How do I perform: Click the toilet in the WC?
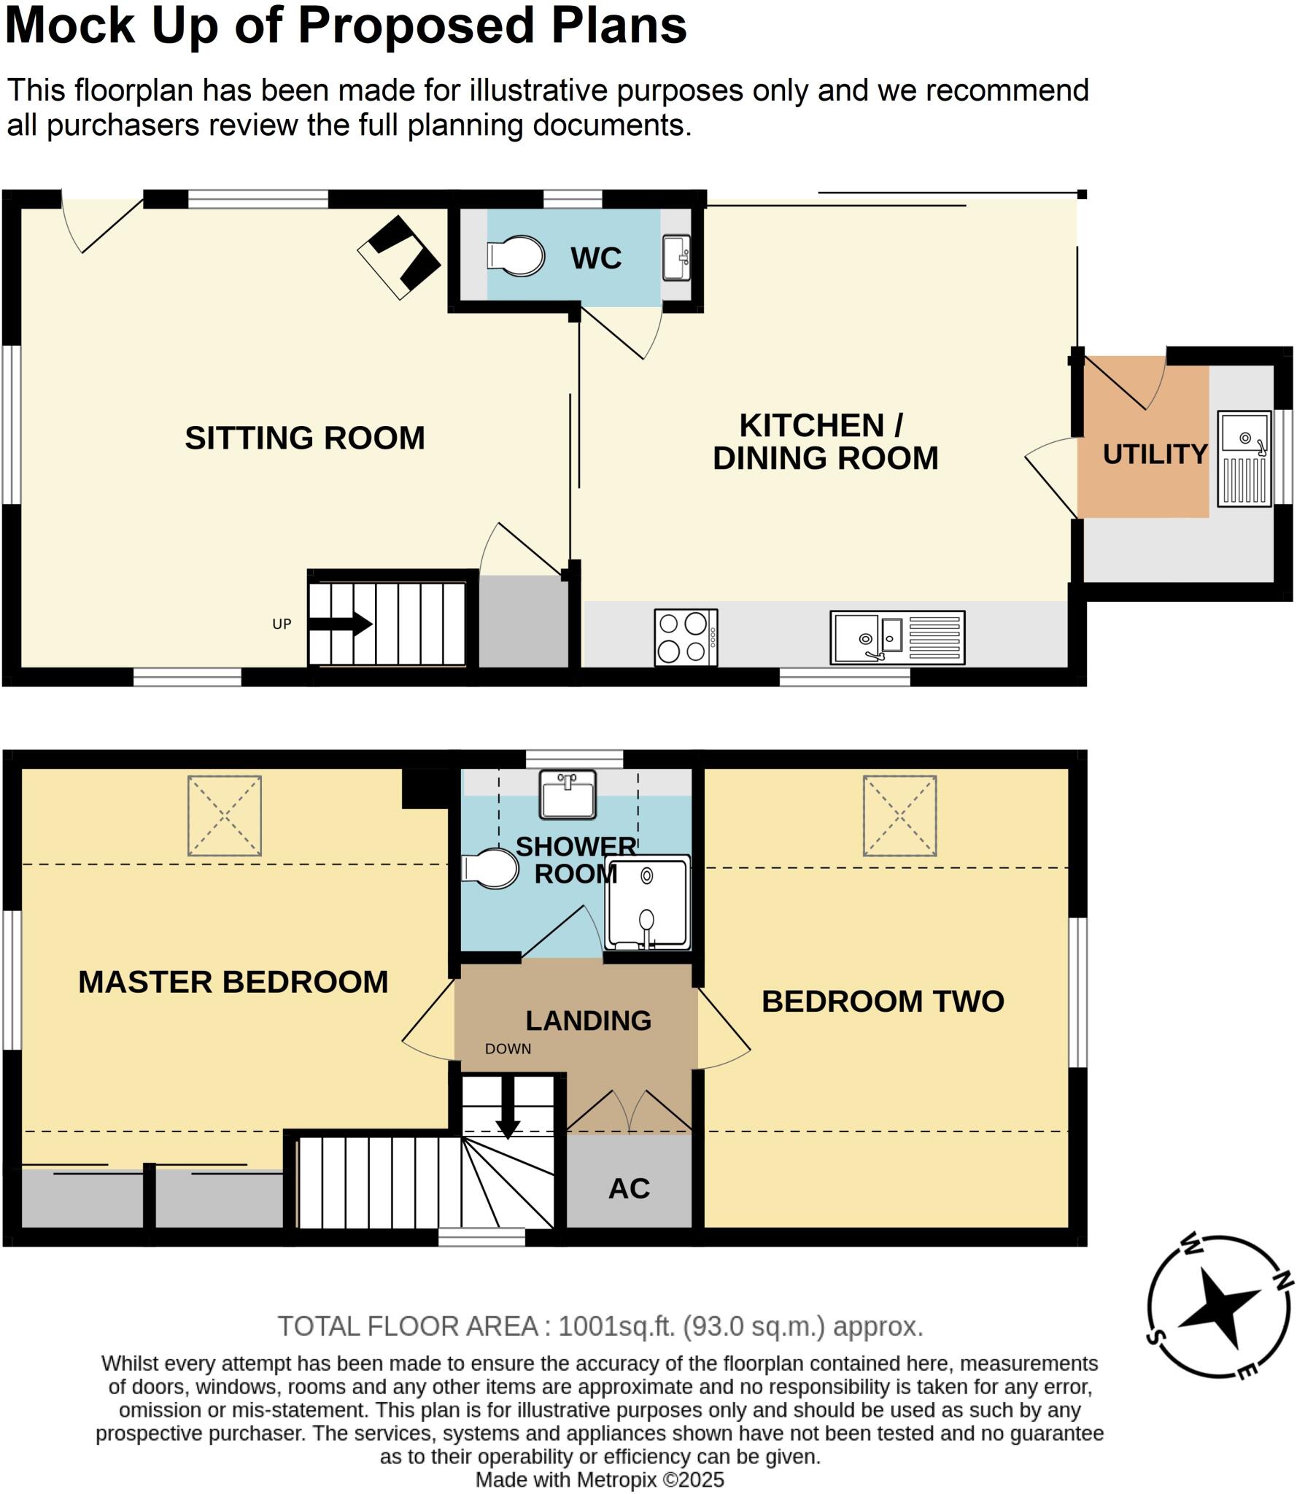pos(516,256)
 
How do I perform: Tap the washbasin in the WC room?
pos(675,258)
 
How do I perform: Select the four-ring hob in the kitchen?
pos(686,638)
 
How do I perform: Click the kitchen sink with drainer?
pos(897,638)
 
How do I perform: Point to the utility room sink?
pos(1244,459)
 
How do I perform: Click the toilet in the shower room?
pos(491,868)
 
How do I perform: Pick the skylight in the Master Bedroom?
pos(225,816)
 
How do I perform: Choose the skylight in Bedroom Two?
pos(899,816)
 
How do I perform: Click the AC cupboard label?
pos(629,1189)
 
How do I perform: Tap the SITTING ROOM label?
pos(304,438)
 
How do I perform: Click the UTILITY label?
pos(1155,454)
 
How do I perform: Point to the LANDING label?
pos(588,1021)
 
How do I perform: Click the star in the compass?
pos(1217,1309)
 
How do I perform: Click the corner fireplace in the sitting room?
pos(400,256)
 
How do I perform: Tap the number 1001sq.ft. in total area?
pos(616,1326)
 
